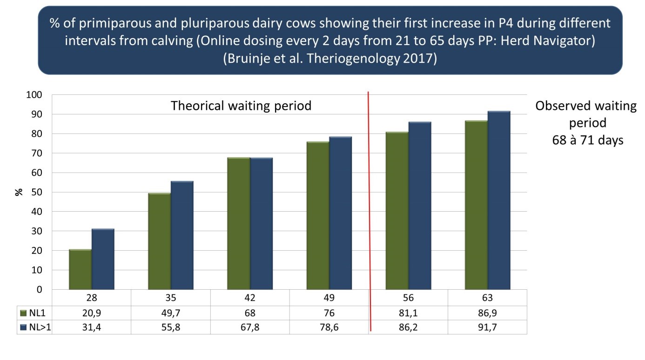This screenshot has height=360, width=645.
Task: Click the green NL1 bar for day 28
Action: [80, 269]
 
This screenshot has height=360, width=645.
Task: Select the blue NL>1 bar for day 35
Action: [182, 235]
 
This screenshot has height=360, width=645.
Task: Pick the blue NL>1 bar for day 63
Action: [499, 200]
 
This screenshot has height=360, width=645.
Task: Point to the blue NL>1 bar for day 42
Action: [261, 224]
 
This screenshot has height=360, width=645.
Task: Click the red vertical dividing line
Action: [369, 186]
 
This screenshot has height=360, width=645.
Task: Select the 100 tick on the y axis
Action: [35, 95]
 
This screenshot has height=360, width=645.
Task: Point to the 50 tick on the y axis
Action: [37, 192]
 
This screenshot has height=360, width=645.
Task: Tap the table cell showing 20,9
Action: [92, 313]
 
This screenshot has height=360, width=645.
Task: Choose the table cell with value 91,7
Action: [487, 327]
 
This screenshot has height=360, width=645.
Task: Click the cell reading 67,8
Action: [250, 327]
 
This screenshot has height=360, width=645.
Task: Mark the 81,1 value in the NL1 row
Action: [408, 313]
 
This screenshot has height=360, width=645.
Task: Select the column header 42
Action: [250, 298]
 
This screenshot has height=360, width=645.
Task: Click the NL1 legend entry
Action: [35, 313]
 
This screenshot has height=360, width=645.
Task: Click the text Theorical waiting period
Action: [241, 106]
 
